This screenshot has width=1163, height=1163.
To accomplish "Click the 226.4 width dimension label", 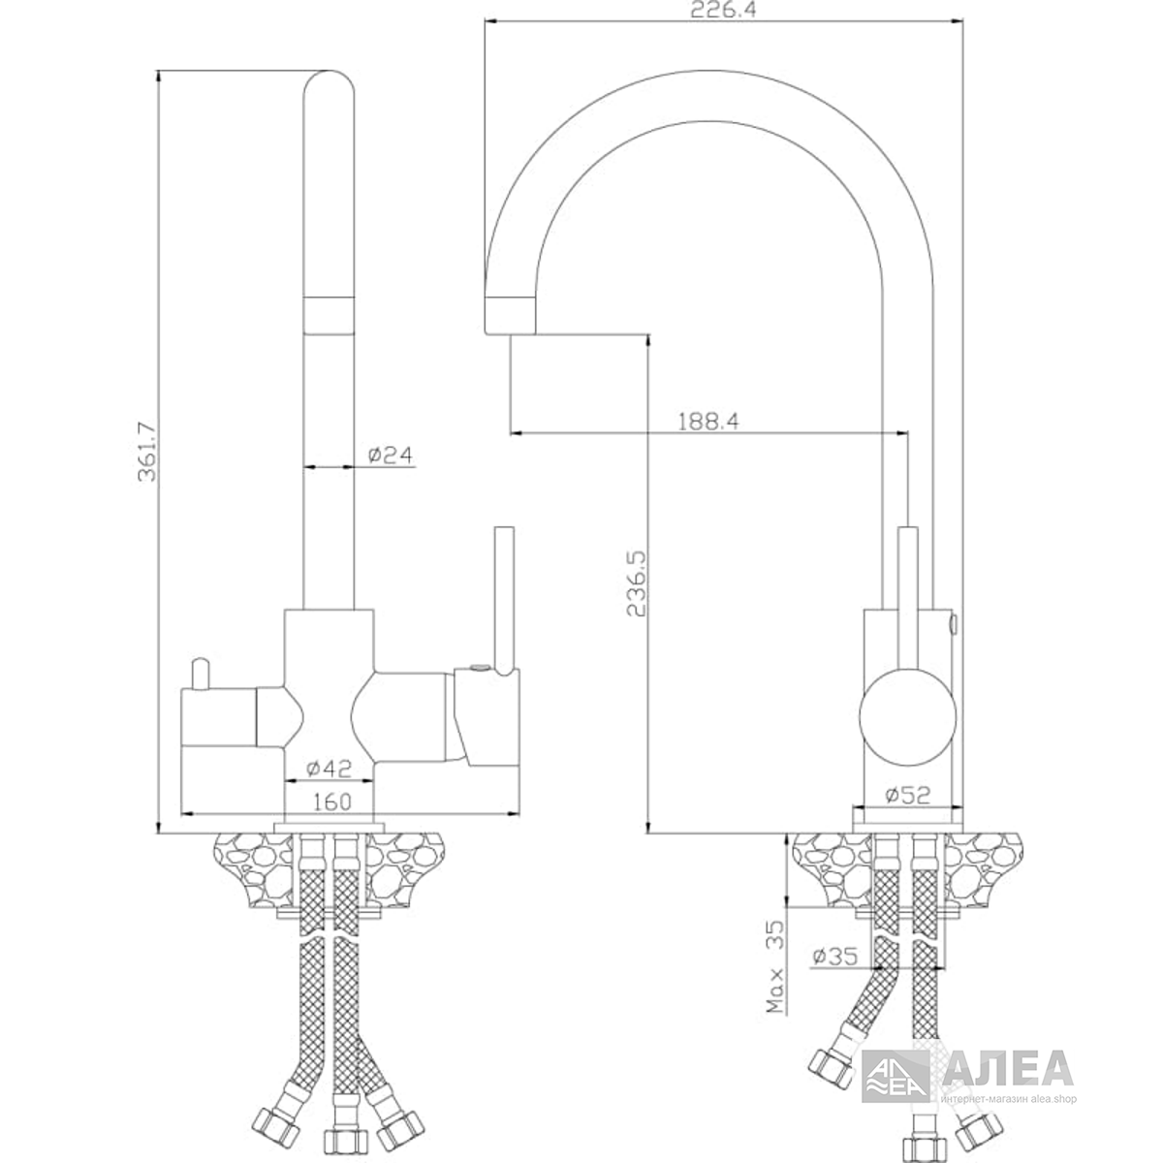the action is coord(723,11).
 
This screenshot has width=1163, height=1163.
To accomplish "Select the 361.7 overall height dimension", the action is coord(147,452).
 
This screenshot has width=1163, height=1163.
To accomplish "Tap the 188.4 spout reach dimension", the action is coord(708,422).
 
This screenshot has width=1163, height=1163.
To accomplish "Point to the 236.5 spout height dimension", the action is coord(637,583).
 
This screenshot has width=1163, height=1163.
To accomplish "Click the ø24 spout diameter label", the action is coord(391,456).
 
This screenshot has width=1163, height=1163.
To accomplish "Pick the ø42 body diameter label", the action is coord(329,769).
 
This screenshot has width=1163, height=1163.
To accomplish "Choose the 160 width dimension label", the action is coord(332,802).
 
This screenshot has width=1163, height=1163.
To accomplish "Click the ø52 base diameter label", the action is coord(908,796).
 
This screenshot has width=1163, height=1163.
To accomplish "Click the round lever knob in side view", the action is coord(908,717).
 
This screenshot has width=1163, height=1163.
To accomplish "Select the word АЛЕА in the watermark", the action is coord(1008,1068).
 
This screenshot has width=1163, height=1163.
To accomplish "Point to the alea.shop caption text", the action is coord(1050,1099).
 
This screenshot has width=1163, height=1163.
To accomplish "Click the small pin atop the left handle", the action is coord(201,675).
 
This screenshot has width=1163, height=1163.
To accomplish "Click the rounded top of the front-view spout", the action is coord(329,83).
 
